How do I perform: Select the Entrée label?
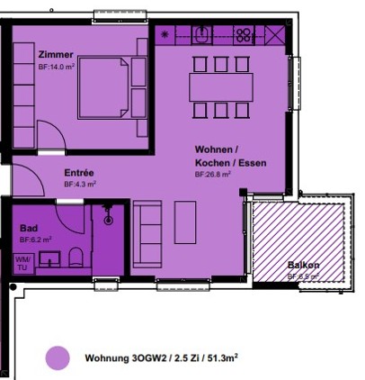79,173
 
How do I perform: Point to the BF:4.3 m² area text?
80,185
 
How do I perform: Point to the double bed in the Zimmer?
104,89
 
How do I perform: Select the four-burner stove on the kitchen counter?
244,36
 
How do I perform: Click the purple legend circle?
58,357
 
